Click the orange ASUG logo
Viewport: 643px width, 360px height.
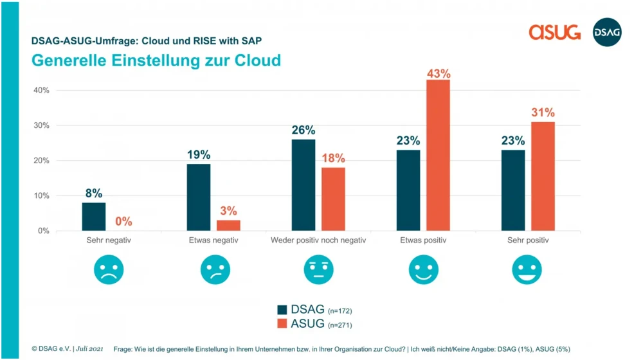[x=554, y=32]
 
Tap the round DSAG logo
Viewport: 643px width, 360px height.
[x=607, y=32]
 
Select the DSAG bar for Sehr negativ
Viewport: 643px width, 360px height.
[x=94, y=217]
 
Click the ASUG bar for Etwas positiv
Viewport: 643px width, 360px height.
[x=438, y=155]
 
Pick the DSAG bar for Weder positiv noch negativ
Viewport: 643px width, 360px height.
[x=303, y=185]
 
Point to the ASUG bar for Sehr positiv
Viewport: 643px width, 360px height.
[x=543, y=176]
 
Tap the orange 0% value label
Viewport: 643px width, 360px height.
[x=123, y=222]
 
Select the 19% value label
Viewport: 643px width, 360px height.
[x=199, y=155]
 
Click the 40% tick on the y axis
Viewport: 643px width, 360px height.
[x=42, y=90]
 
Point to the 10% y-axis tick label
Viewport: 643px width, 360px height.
[x=42, y=195]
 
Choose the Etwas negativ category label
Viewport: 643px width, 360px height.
[x=213, y=241]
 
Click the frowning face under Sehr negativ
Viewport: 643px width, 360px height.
[x=109, y=270]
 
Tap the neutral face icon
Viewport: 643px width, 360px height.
[x=318, y=270]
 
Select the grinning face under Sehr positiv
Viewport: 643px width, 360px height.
[x=527, y=270]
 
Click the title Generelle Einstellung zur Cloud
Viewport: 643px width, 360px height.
[x=156, y=60]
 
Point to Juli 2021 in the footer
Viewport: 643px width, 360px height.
[x=89, y=348]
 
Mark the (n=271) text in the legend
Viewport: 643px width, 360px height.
[x=340, y=325]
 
